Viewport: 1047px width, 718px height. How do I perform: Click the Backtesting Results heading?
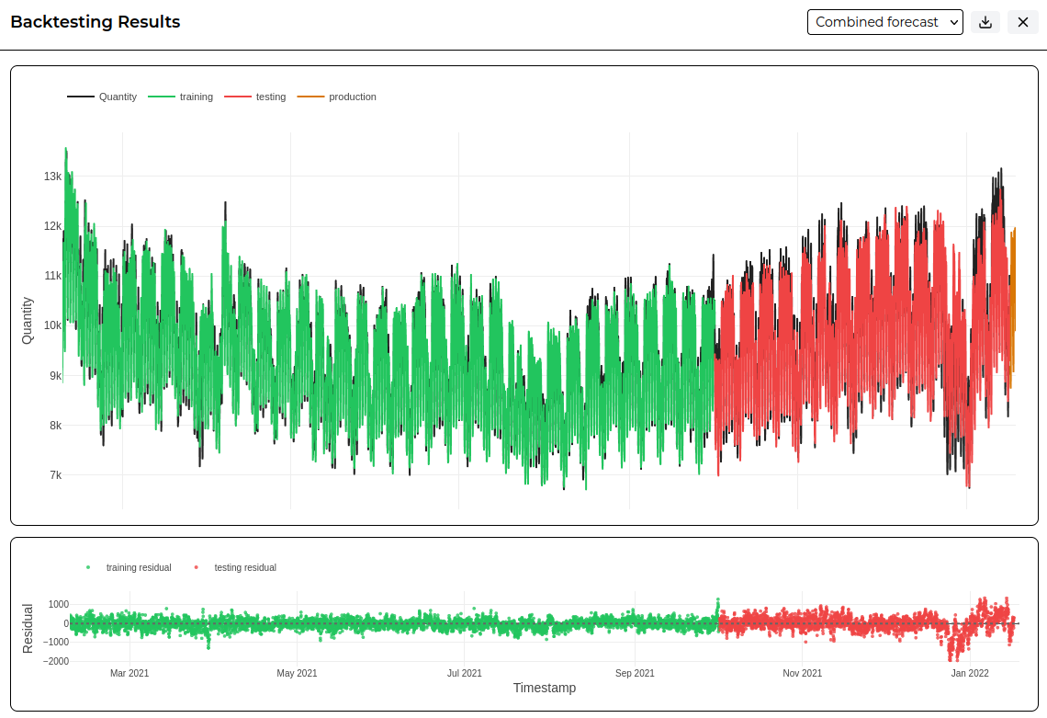click(x=96, y=22)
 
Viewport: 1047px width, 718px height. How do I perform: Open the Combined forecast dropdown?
click(x=884, y=22)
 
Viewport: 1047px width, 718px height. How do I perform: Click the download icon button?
click(x=985, y=22)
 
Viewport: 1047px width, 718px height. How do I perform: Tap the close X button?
click(x=1022, y=22)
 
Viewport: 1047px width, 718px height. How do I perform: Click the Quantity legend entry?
click(x=102, y=97)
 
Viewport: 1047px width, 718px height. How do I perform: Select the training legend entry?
click(x=180, y=97)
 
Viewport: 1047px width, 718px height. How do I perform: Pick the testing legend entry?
click(x=255, y=97)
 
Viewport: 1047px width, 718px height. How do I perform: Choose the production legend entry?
click(x=336, y=97)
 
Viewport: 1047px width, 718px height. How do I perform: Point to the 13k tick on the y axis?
click(x=52, y=177)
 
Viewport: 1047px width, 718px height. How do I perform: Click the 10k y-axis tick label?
click(x=52, y=325)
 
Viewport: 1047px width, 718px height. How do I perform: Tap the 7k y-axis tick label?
click(x=55, y=475)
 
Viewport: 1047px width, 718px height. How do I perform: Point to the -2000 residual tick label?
click(x=55, y=661)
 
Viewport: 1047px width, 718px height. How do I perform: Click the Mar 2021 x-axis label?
click(x=129, y=673)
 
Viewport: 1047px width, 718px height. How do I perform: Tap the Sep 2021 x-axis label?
click(x=635, y=673)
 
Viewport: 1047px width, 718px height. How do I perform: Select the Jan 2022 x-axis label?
click(x=970, y=673)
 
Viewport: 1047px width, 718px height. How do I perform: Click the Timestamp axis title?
click(x=545, y=688)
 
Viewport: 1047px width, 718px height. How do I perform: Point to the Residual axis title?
click(x=28, y=629)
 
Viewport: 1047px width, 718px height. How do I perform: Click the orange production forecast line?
click(x=1012, y=308)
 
